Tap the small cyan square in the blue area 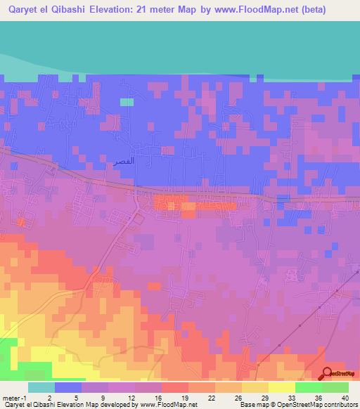tap(126, 102)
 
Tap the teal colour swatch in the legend tap(41, 387)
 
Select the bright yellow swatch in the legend tap(281, 387)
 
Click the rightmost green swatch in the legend tap(335, 387)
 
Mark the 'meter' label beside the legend tap(11, 397)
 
